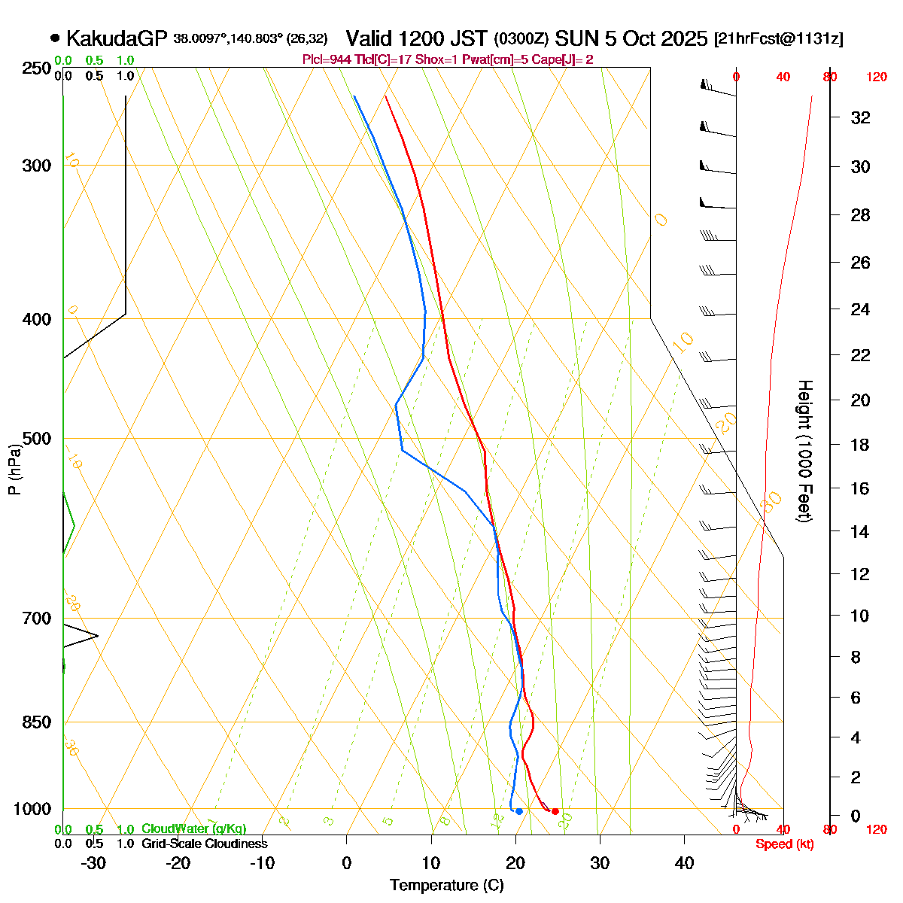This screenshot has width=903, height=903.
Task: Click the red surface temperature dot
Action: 555,811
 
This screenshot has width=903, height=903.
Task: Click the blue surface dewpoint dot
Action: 519,811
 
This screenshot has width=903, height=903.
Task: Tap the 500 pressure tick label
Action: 37,439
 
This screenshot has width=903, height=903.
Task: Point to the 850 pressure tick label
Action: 37,722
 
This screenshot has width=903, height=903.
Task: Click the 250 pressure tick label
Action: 37,68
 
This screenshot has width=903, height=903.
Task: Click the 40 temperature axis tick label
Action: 684,863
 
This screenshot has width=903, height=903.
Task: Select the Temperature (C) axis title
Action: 447,886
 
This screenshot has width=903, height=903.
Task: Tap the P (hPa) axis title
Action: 14,470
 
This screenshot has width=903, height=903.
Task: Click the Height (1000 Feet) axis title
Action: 804,451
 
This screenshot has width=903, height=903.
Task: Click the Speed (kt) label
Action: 785,844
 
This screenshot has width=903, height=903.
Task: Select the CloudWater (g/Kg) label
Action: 193,829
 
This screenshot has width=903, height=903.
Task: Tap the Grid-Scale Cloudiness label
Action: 204,844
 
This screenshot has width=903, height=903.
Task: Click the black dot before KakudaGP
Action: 55,38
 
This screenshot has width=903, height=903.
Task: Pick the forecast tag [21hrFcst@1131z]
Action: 778,39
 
